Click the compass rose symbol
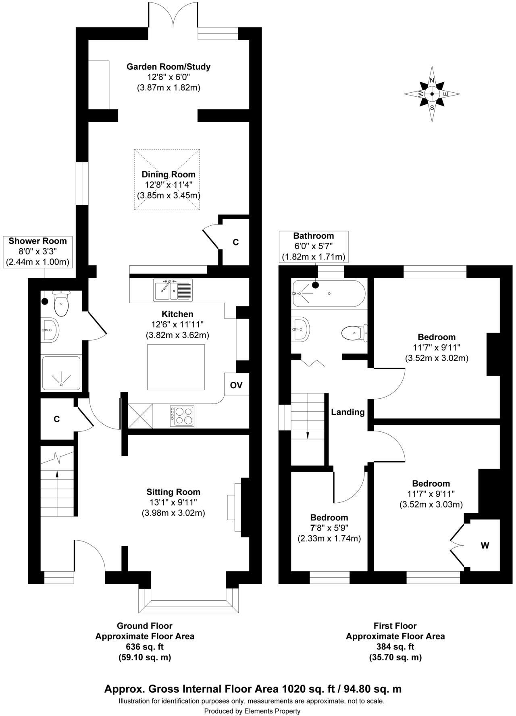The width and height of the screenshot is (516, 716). [432, 94]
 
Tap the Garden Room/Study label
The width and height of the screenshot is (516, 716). [169, 67]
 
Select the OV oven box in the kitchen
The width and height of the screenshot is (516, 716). [236, 385]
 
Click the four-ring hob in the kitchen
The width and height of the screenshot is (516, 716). [182, 416]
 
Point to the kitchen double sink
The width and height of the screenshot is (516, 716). [173, 289]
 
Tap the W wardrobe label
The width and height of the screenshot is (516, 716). [485, 545]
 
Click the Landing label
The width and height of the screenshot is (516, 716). [347, 412]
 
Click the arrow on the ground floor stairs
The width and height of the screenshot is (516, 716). [57, 475]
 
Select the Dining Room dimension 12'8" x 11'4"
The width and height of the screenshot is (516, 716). [169, 185]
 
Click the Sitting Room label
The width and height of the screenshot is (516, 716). [173, 492]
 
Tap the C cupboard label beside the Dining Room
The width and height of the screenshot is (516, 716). [236, 242]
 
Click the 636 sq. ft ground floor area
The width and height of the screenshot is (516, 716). [144, 647]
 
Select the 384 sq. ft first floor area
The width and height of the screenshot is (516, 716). [395, 647]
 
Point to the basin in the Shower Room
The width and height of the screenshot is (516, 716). [50, 330]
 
